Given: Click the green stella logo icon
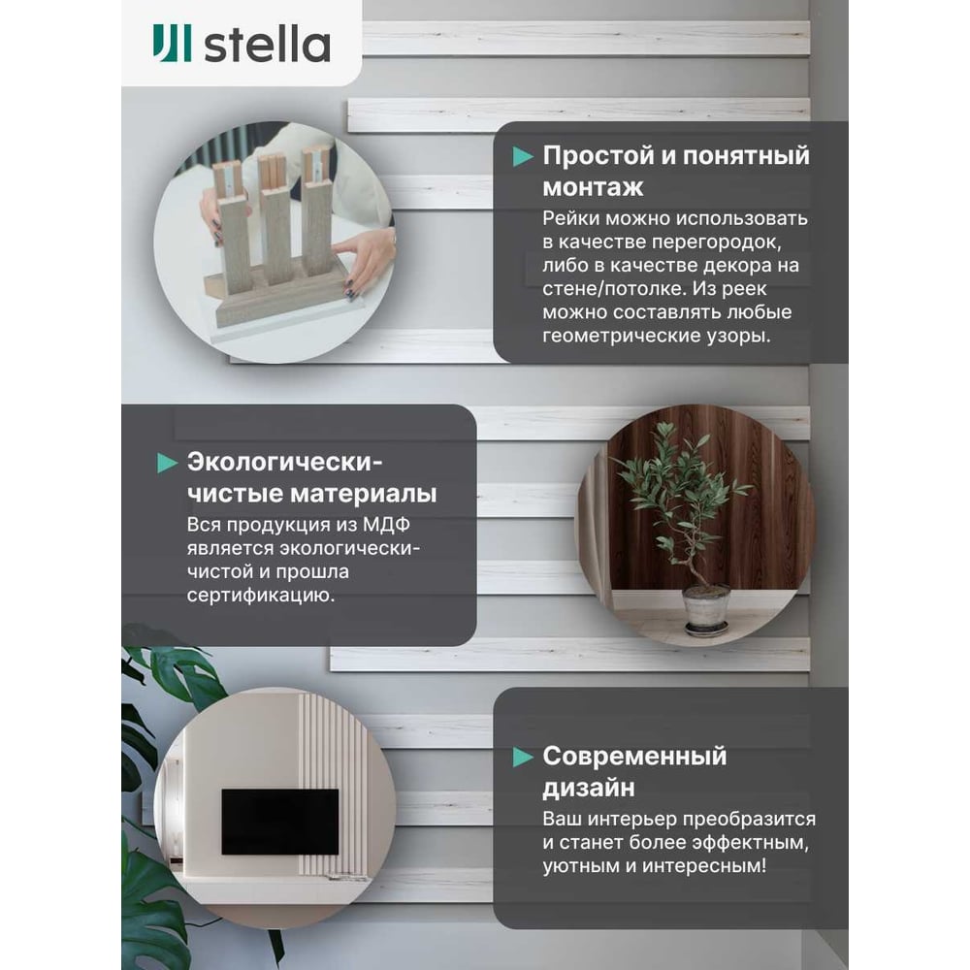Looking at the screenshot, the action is pos(172,44).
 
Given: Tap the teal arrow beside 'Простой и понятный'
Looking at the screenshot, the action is pos(523,157).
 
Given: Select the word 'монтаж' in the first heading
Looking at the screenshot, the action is pos(593,187).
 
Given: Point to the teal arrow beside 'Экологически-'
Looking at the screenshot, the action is pos(168,463).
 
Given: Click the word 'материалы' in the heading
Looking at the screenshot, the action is pos(364,494).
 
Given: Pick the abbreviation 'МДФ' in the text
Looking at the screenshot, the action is pos(386,525).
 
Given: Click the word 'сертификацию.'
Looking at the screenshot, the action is pos(260,596).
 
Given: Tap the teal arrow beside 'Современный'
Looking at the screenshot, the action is pos(523,758).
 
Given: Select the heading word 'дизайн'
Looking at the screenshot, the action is pos(589,788).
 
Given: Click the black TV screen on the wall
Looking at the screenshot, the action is pos(280,822).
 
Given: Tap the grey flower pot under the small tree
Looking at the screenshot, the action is pos(706,609).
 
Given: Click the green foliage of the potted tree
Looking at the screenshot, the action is pos(674,489).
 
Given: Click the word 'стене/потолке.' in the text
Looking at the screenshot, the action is pos(614,289).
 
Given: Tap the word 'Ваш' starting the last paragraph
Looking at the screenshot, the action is pos(562,819).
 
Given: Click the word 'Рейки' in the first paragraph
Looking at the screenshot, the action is pos(571,218).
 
